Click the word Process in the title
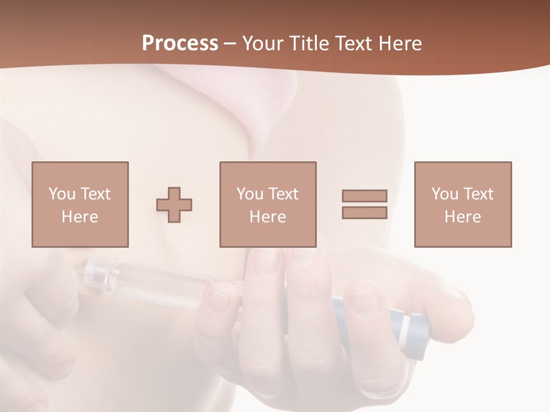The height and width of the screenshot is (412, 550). pos(180,43)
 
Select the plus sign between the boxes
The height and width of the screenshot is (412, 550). pos(174,205)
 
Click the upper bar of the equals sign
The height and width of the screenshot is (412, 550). pos(364,196)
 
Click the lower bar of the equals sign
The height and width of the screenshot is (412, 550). pos(364,213)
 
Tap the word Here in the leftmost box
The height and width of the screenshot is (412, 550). pos(80,217)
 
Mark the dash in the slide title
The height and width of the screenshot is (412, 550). pos(230,43)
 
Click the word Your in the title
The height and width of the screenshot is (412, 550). pos(262,43)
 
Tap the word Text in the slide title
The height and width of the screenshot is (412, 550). pos(353,43)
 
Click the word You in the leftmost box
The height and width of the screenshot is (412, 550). pos(62,194)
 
